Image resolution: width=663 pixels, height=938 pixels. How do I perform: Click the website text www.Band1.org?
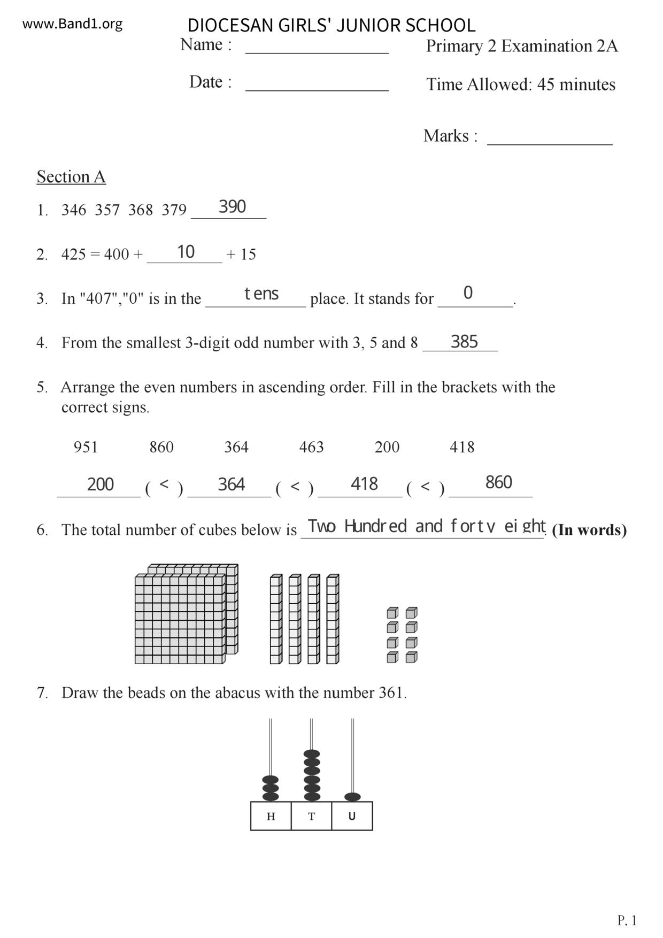[x=72, y=24]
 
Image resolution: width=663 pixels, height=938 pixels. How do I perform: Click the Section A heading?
[x=71, y=177]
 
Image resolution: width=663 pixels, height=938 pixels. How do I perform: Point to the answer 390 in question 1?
[x=232, y=207]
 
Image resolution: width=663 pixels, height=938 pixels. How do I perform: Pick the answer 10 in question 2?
[x=186, y=252]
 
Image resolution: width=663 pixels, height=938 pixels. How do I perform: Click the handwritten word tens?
[x=261, y=294]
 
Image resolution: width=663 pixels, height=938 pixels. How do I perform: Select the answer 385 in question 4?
[x=464, y=342]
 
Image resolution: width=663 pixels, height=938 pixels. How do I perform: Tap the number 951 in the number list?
[x=86, y=447]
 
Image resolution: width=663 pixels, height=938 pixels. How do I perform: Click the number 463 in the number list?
[x=311, y=447]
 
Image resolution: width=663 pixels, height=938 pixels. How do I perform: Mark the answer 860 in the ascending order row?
[x=498, y=483]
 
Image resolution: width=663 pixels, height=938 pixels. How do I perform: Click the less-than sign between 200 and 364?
[x=164, y=485]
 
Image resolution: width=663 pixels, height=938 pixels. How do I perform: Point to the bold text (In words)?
[x=589, y=530]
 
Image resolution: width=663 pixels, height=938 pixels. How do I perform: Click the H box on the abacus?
[x=271, y=817]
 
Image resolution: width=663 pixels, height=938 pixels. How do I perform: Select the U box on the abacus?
[x=352, y=817]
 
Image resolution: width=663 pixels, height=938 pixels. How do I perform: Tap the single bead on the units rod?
[x=352, y=797]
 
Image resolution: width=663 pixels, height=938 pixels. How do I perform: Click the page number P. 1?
[x=627, y=920]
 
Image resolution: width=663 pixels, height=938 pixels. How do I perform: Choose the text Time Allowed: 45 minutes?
[x=520, y=84]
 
